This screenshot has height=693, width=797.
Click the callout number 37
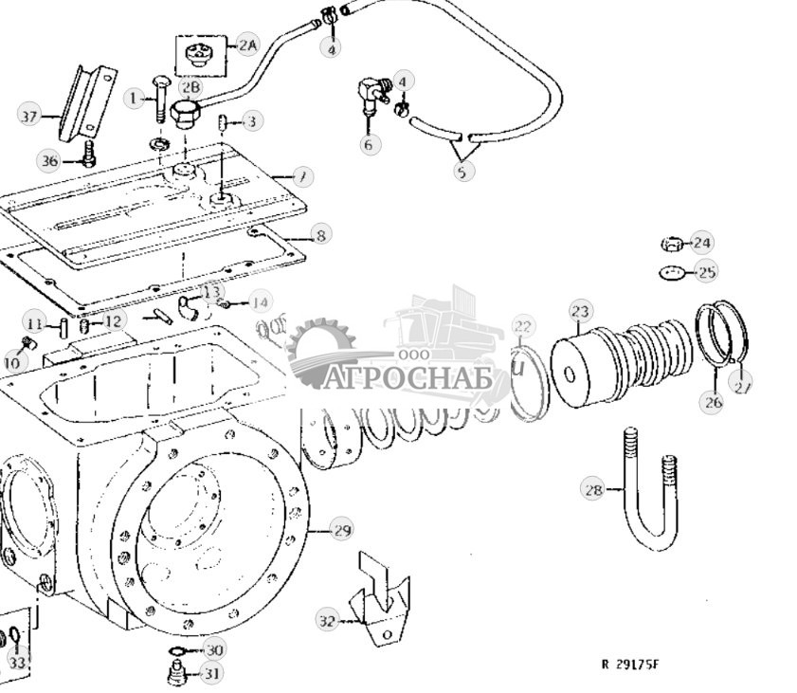[29, 117]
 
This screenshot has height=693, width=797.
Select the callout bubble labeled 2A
[246, 45]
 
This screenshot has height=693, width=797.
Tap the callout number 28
[593, 489]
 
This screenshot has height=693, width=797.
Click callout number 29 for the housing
[341, 529]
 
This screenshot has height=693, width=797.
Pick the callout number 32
[327, 621]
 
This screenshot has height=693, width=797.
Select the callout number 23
[580, 311]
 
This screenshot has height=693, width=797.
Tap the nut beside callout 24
[671, 245]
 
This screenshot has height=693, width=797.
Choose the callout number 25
[706, 272]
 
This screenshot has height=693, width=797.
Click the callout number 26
[713, 402]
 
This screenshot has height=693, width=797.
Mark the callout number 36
[49, 160]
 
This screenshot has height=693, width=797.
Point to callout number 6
[369, 145]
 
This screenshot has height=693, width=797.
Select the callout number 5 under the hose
[462, 172]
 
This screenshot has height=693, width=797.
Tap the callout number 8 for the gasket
[320, 235]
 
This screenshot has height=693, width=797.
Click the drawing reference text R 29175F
[629, 664]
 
